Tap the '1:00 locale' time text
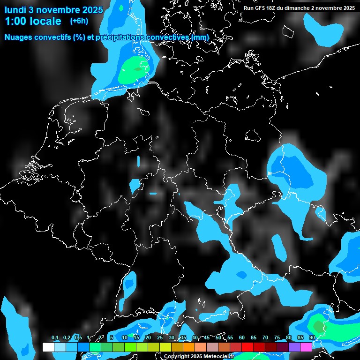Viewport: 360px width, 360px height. pyautogui.click(x=33, y=21)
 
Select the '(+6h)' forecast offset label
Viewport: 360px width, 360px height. pyautogui.click(x=79, y=21)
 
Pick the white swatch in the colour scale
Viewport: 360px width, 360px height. pyautogui.click(x=48, y=347)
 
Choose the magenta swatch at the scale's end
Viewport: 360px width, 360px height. pyautogui.click(x=306, y=347)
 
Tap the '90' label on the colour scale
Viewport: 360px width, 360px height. pyautogui.click(x=312, y=337)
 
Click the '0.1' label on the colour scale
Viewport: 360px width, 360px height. pyautogui.click(x=54, y=337)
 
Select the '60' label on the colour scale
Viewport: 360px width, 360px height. pyautogui.click(x=241, y=337)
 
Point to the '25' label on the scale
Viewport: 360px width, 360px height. pyautogui.click(x=159, y=337)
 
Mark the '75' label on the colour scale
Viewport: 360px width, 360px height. pyautogui.click(x=277, y=337)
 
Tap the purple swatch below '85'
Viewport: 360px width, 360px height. pyautogui.click(x=294, y=347)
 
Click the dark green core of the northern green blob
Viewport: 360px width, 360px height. pyautogui.click(x=137, y=68)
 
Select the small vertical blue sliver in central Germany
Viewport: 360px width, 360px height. pyautogui.click(x=139, y=161)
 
